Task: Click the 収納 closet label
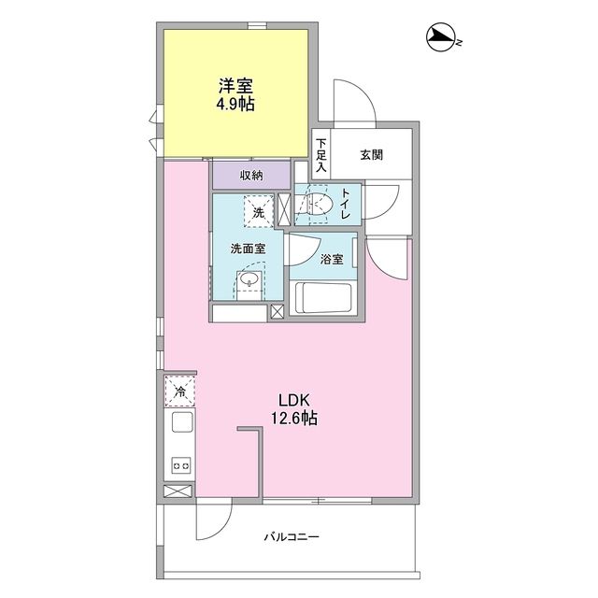pos(250,175)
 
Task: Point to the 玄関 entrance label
pos(372,155)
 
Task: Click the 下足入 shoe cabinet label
pos(321,155)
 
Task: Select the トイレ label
pos(346,203)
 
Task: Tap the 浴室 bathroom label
pos(332,259)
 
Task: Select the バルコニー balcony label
pos(292,537)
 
